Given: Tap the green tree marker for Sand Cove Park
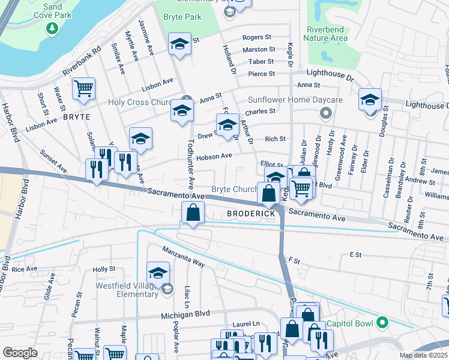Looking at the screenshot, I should pos(52,28).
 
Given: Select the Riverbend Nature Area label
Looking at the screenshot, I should pos(327,34).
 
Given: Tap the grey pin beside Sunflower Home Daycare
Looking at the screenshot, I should pos(326,113).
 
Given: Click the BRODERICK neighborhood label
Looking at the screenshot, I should pos(251,214).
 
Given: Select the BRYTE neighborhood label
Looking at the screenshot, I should pos(76,116).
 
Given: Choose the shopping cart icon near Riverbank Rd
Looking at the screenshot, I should pos(84,88).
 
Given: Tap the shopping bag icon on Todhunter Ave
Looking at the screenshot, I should pos(193,213).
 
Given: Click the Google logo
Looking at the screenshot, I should pos(20,353).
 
